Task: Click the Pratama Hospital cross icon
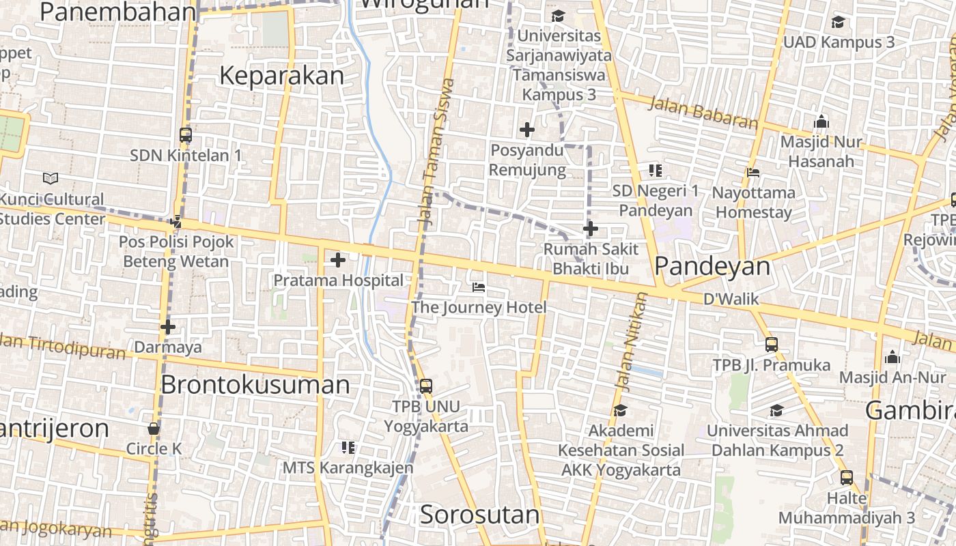[338, 260]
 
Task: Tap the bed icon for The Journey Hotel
[479, 287]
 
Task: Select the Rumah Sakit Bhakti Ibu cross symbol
[591, 229]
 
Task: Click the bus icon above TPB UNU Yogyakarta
[426, 386]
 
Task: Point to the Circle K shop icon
[154, 429]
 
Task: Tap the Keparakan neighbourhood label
[281, 76]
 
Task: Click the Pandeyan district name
[712, 267]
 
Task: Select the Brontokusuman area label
[255, 385]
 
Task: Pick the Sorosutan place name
[479, 515]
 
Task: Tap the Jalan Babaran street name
[703, 113]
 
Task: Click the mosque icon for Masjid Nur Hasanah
[821, 122]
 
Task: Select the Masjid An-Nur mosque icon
[892, 357]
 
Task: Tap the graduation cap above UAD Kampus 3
[838, 23]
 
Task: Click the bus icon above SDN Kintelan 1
[185, 135]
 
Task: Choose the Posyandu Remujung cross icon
[527, 130]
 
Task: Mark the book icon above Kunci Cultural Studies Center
[51, 179]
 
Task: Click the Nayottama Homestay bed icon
[753, 173]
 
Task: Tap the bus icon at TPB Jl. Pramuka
[772, 345]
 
